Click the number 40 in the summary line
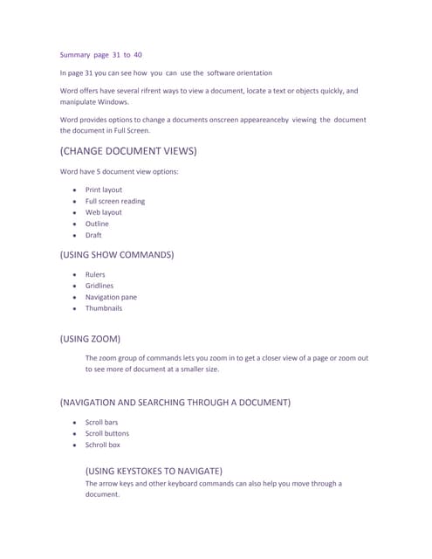tap(138, 54)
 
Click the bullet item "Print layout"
tap(104, 190)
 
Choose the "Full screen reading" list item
tap(115, 201)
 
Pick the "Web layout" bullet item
tap(104, 212)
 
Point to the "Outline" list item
tap(97, 224)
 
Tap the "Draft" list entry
tap(93, 235)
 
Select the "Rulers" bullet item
tap(95, 274)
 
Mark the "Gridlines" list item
tap(99, 286)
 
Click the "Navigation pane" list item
tap(111, 297)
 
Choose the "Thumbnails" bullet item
tap(104, 308)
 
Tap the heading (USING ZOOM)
tap(90, 338)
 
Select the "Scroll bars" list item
tap(101, 422)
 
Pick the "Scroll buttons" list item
tap(106, 433)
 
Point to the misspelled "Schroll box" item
tap(103, 445)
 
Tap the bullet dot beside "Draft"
tap(76, 236)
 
